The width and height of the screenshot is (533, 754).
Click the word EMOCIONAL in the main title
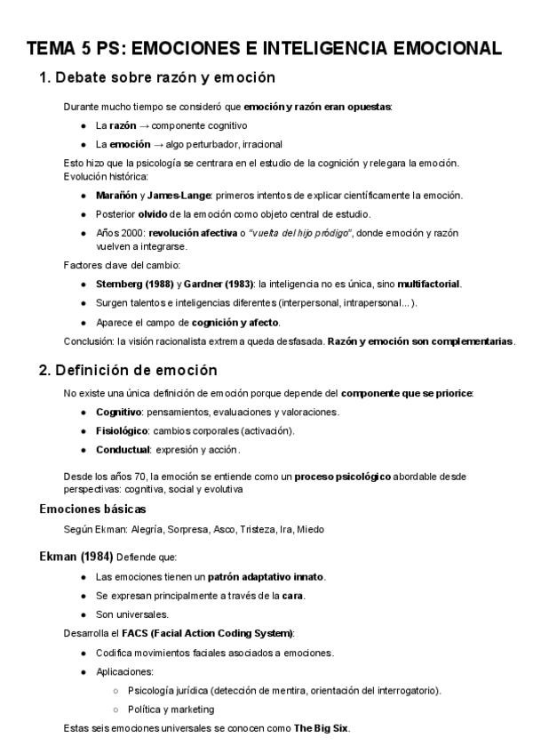tap(442, 46)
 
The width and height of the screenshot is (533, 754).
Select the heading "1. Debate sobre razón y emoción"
tap(157, 77)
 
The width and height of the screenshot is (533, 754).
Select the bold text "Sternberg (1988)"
tap(133, 284)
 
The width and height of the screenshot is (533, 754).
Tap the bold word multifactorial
tap(428, 284)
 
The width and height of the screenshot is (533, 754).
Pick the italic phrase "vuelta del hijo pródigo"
tap(302, 233)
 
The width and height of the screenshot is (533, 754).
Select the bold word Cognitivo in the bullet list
tap(119, 412)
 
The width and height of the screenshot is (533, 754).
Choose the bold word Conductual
tap(123, 449)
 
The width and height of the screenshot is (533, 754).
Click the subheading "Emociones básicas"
tap(92, 509)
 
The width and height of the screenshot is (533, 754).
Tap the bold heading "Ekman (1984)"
tap(76, 557)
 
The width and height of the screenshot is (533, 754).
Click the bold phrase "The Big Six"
tap(322, 728)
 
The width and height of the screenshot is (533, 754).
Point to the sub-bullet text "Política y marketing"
tap(171, 709)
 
